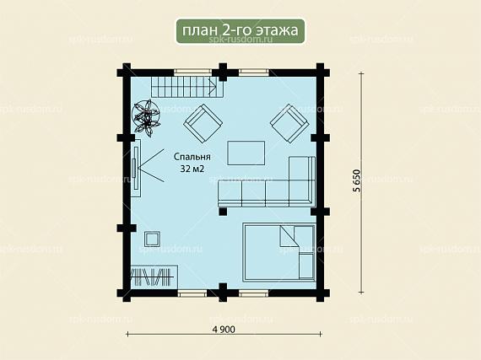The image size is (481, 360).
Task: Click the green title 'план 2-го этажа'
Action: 240,30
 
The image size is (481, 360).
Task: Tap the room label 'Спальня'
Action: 192,157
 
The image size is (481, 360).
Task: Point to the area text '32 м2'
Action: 192,169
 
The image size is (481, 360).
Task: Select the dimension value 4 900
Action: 224,330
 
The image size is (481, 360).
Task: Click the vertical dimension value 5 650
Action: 357,180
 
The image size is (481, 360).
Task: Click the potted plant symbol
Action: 146,116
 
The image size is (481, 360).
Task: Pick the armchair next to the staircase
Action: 203,123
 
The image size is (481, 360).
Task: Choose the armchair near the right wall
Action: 289,124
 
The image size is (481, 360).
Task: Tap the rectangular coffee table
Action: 246,153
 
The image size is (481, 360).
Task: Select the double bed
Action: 279,252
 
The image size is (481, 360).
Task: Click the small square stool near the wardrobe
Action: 153,239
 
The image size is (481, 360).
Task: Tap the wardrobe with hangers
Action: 154,277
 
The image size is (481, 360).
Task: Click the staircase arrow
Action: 212,86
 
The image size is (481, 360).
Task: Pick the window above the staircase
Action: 193,73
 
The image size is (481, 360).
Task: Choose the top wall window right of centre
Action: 254,73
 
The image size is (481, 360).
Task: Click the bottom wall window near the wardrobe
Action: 192,293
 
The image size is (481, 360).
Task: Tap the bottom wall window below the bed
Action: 254,293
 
